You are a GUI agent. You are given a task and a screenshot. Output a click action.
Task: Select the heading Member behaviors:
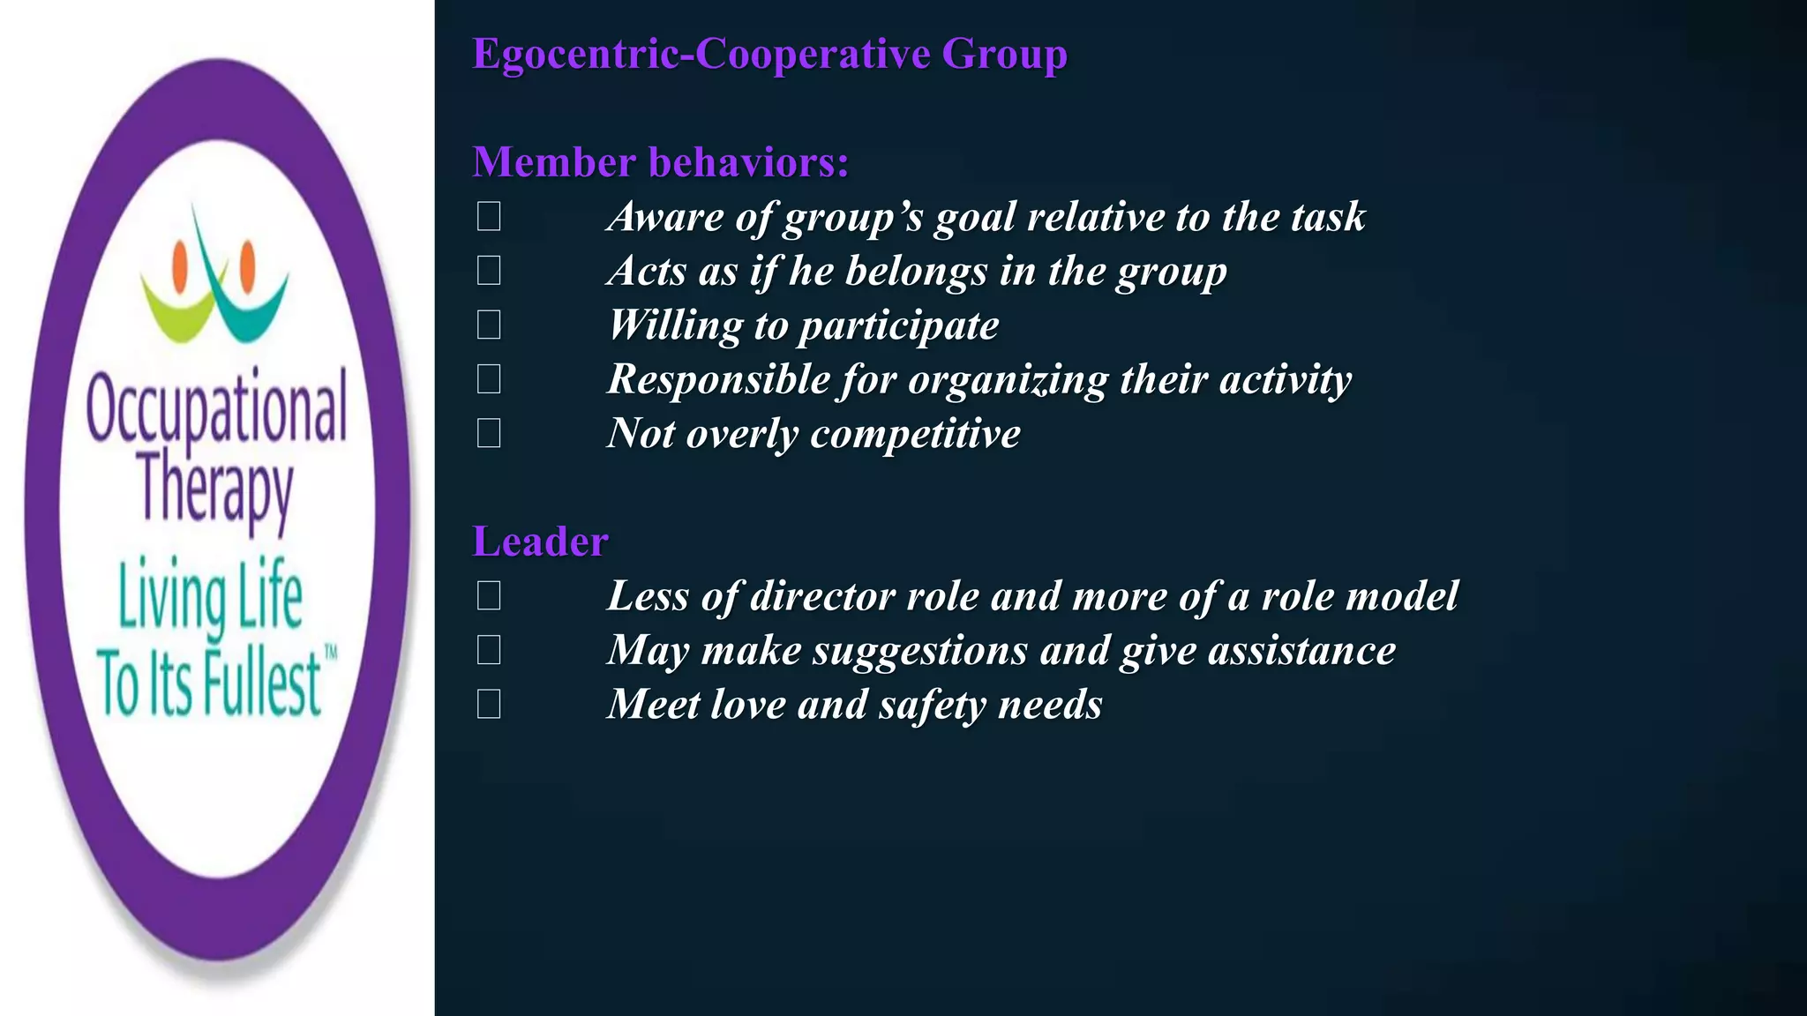[x=660, y=162]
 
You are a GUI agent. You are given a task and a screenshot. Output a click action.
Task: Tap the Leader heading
[x=540, y=542]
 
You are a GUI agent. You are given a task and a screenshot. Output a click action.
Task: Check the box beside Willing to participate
[x=489, y=325]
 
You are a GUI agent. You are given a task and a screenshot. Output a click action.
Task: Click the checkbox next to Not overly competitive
[x=489, y=433]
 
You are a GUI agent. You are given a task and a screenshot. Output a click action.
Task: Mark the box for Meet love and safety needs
[x=489, y=704]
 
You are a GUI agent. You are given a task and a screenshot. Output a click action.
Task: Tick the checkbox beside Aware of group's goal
[x=489, y=216]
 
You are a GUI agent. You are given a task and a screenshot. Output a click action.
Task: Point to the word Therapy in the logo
[x=215, y=486]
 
